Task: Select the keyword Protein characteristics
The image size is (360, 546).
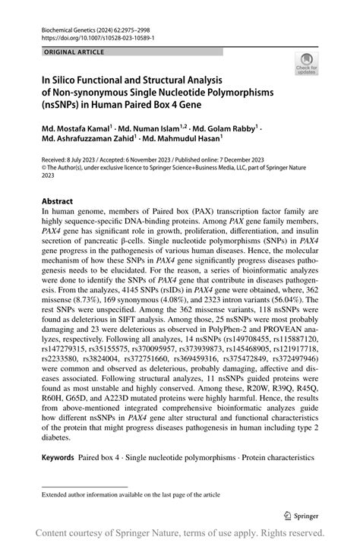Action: tap(276, 459)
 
